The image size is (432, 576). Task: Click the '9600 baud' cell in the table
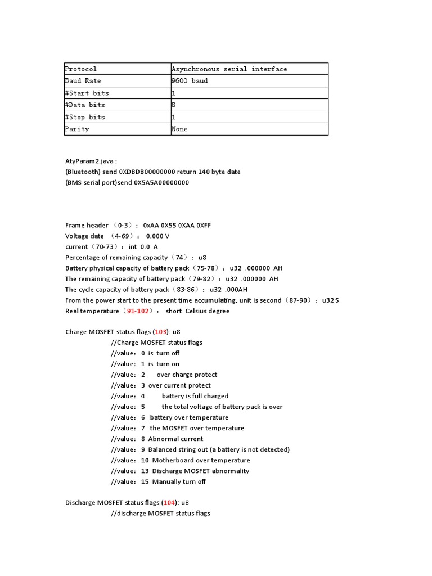pyautogui.click(x=190, y=81)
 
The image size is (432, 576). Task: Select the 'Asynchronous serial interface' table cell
pyautogui.click(x=229, y=69)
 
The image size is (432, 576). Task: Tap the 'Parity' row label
pyautogui.click(x=77, y=129)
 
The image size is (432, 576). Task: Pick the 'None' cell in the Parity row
pyautogui.click(x=179, y=129)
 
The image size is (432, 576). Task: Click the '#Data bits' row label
pyautogui.click(x=85, y=105)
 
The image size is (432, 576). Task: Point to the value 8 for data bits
pyautogui.click(x=174, y=105)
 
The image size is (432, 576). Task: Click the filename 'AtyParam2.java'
pyautogui.click(x=91, y=161)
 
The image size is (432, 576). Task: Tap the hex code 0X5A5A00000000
pyautogui.click(x=161, y=182)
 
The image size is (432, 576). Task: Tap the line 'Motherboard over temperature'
pyautogui.click(x=201, y=460)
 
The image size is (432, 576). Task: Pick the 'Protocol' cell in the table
pyautogui.click(x=81, y=69)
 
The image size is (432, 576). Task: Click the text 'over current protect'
pyautogui.click(x=179, y=385)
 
